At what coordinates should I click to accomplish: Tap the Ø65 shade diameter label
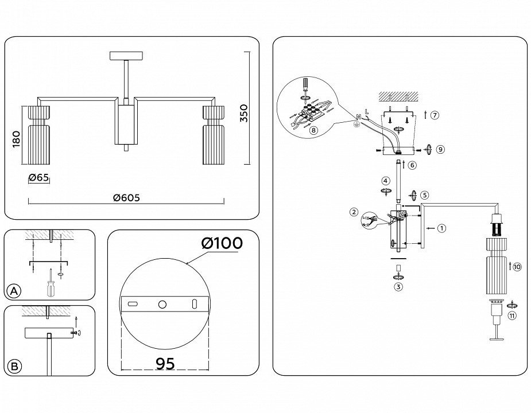click(x=38, y=177)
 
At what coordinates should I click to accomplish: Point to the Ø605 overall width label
click(x=126, y=197)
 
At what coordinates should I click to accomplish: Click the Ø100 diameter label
click(x=222, y=243)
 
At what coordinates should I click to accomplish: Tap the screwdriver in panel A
click(x=51, y=283)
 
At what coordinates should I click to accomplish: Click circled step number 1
click(x=441, y=228)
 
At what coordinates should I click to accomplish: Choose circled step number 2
click(x=354, y=212)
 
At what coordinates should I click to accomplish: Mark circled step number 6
click(x=412, y=165)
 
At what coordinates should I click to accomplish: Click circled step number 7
click(x=435, y=115)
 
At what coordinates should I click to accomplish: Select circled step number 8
click(x=313, y=130)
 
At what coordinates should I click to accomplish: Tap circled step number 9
click(x=440, y=150)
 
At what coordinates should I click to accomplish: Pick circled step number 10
click(x=517, y=267)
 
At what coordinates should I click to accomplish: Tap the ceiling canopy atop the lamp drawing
click(x=126, y=56)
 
